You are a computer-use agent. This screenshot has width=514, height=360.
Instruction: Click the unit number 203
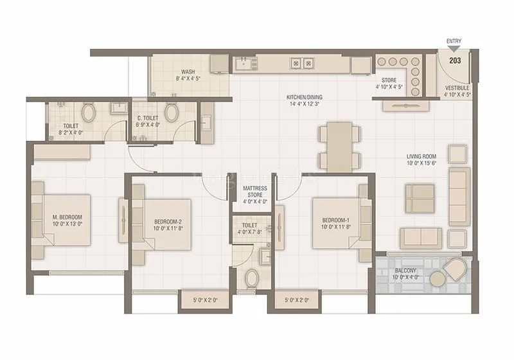click(x=455, y=61)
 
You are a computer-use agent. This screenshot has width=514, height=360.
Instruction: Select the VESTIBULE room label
click(x=457, y=87)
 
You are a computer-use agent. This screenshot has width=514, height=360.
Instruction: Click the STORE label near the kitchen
click(x=388, y=80)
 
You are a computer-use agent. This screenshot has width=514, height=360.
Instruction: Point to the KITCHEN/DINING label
click(x=303, y=98)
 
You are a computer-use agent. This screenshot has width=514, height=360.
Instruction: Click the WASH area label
click(x=188, y=72)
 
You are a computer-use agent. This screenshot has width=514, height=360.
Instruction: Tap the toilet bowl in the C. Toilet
click(x=171, y=114)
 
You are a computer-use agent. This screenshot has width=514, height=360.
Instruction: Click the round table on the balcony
click(x=438, y=278)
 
